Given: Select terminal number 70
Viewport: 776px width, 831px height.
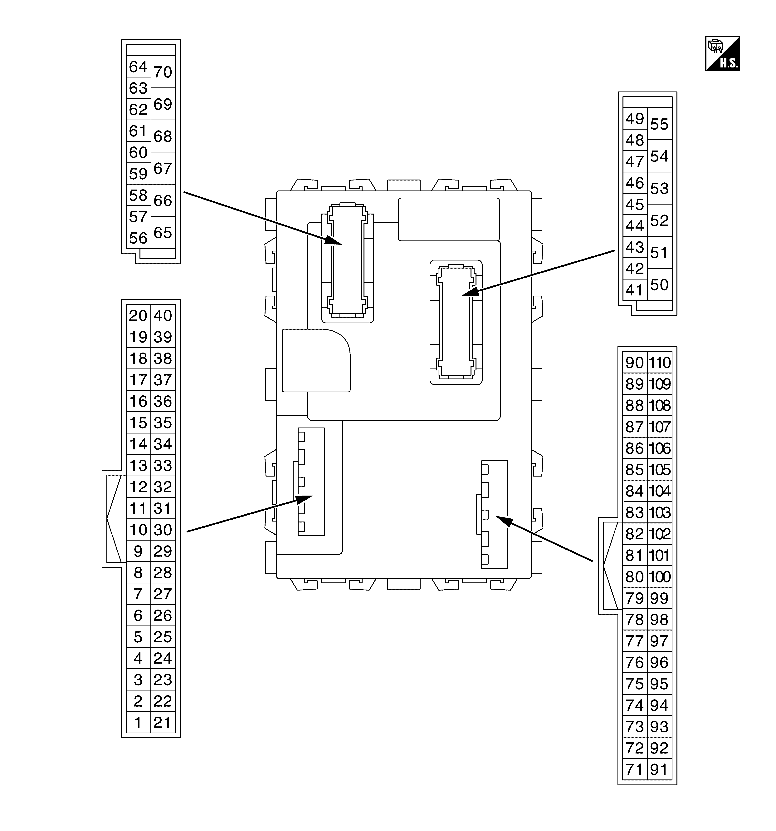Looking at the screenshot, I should click(163, 72).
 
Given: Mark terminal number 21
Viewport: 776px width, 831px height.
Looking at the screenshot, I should click(163, 722).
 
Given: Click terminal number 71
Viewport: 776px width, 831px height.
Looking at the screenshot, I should click(634, 769).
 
